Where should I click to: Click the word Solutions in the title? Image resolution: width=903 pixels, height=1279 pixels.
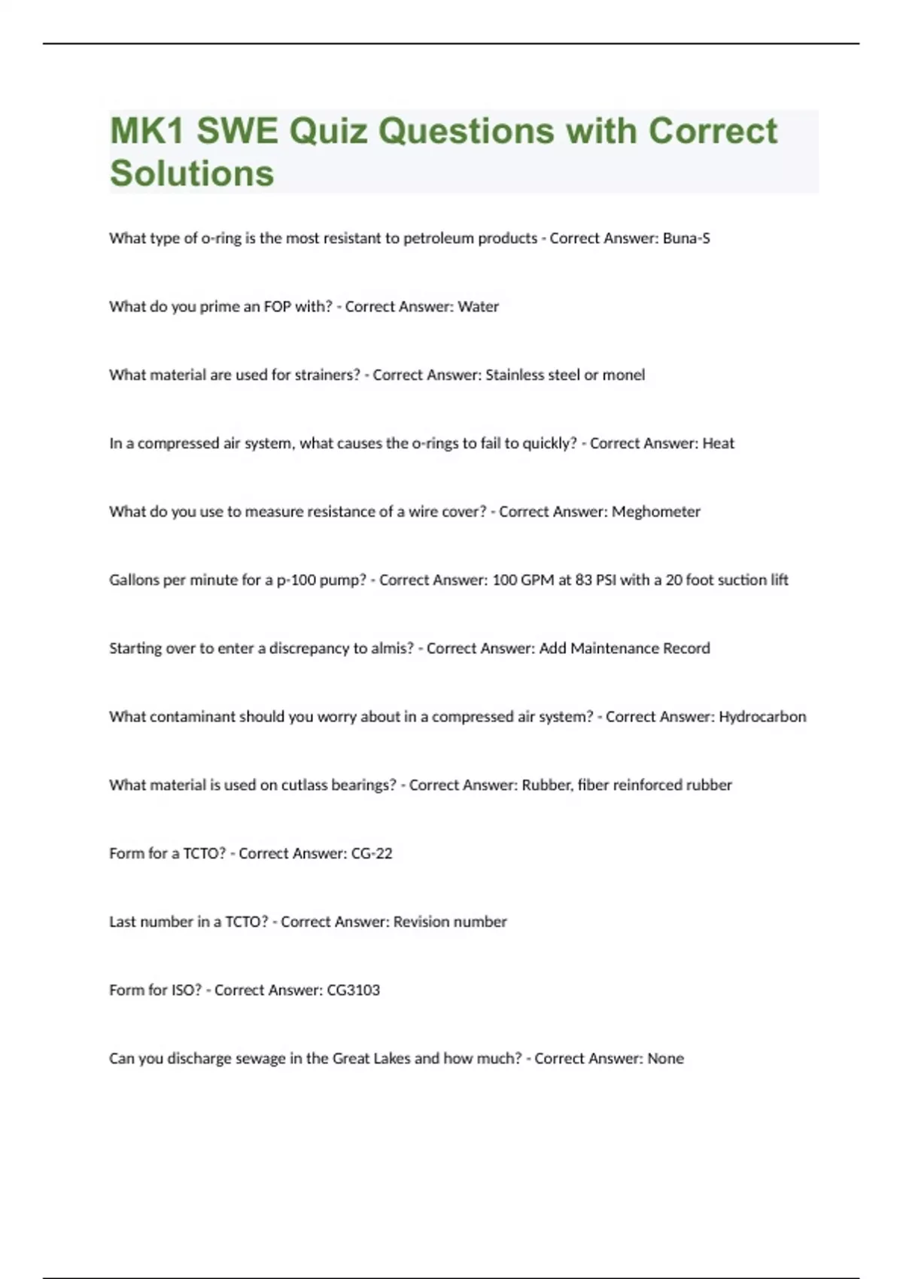pos(192,173)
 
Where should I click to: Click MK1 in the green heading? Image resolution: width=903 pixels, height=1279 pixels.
pos(147,131)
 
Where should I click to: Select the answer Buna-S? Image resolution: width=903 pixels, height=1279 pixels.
pos(686,238)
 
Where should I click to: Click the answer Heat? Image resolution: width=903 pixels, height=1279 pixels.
pos(718,444)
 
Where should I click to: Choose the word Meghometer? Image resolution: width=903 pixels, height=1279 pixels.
pos(655,512)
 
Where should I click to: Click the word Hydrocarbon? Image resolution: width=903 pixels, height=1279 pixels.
pos(762,717)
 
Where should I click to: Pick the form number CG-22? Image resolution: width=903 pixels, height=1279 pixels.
pos(372,854)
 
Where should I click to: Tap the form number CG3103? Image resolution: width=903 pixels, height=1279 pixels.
pos(353,991)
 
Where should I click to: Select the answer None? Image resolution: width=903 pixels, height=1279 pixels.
pos(665,1059)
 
